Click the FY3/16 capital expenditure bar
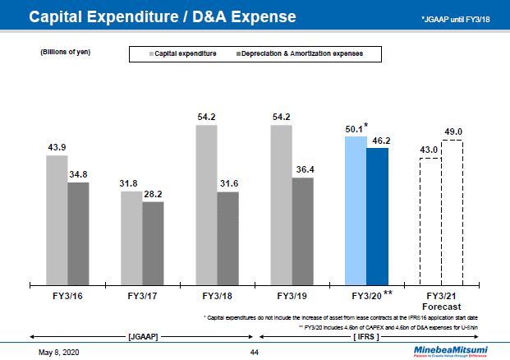pyautogui.click(x=56, y=218)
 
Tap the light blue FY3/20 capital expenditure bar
pyautogui.click(x=355, y=210)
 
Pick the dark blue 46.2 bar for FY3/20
pyautogui.click(x=377, y=215)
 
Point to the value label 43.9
pyautogui.click(x=56, y=147)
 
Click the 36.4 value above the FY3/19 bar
pyautogui.click(x=303, y=169)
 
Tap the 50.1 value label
pyautogui.click(x=354, y=129)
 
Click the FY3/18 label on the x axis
pyautogui.click(x=217, y=296)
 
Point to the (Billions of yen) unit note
pyautogui.click(x=65, y=52)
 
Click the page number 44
pyautogui.click(x=255, y=352)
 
